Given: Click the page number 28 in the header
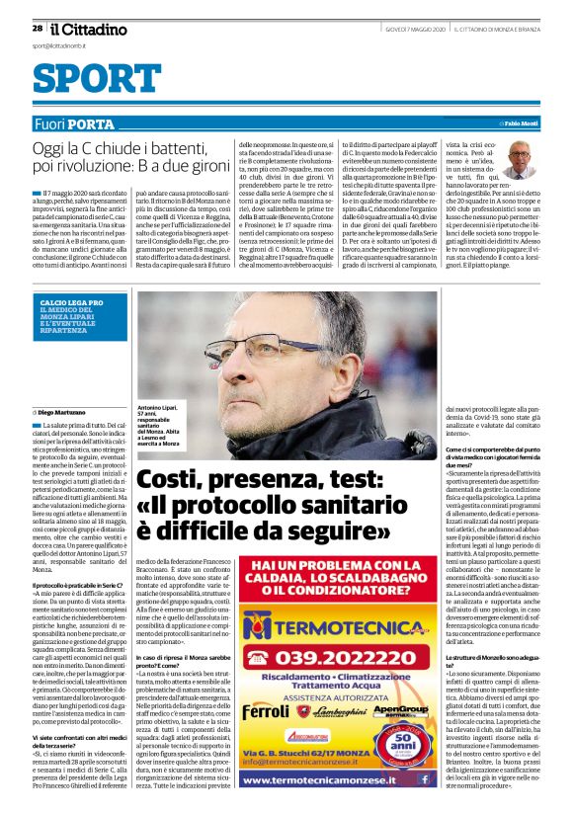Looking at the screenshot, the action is (x=37, y=29).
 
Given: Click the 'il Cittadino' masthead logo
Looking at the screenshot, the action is (x=88, y=29).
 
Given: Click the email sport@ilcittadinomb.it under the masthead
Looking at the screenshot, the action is (x=59, y=45).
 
